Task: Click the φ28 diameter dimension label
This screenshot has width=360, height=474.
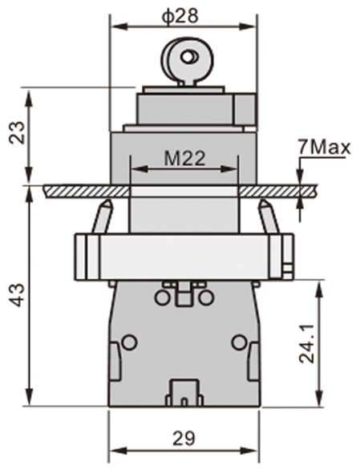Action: [x=183, y=15]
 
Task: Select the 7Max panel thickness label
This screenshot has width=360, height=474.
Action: [x=320, y=148]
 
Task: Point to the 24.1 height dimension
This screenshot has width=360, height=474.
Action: [x=307, y=343]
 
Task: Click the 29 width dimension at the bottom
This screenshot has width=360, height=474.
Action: [x=184, y=438]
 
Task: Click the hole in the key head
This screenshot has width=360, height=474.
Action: [x=189, y=57]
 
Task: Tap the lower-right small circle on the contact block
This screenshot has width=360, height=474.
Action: [x=238, y=342]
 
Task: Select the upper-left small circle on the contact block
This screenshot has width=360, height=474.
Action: [x=162, y=298]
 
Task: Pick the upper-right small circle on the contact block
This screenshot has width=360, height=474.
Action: [x=206, y=298]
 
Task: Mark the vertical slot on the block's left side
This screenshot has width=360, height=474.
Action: [x=115, y=360]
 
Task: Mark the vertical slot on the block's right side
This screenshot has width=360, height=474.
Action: [x=253, y=360]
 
